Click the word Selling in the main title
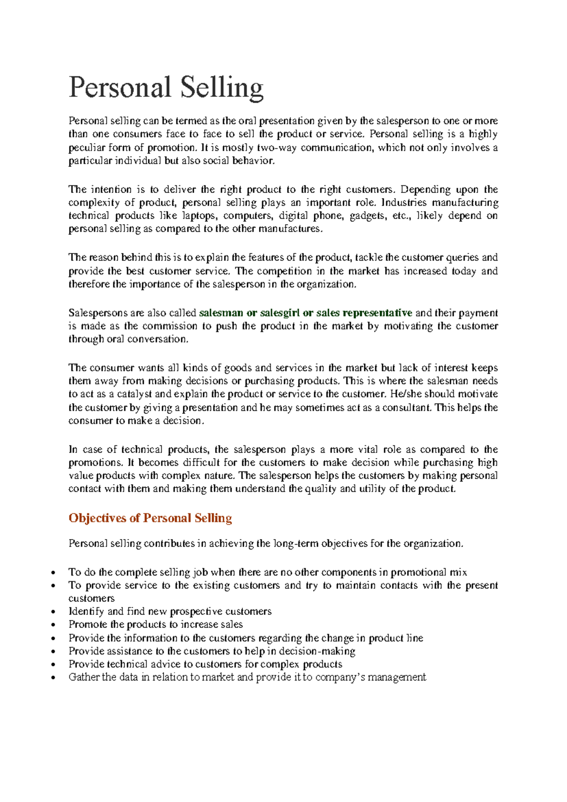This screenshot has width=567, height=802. coord(222,88)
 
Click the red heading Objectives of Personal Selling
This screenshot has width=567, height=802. coord(150,518)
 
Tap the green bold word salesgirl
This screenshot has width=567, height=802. coord(280,313)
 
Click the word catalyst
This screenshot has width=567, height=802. coord(134,394)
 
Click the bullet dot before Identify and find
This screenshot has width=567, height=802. coord(56,612)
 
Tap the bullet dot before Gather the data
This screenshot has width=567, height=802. coord(56,678)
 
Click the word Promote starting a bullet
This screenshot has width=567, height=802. coord(88,625)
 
